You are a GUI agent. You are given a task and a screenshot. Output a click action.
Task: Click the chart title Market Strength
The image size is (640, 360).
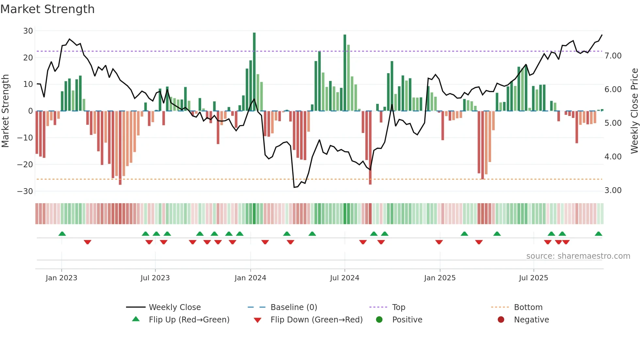click(x=47, y=9)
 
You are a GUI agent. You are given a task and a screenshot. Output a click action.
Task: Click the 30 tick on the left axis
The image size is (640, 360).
click(x=28, y=31)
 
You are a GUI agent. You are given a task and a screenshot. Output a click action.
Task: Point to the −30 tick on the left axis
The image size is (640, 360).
click(x=25, y=191)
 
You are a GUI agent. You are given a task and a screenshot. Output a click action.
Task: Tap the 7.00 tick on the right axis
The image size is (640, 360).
click(x=613, y=56)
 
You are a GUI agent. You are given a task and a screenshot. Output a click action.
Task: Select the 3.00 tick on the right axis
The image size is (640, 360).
click(x=613, y=190)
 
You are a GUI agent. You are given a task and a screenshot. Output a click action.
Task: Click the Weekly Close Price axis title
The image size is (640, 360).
click(x=634, y=111)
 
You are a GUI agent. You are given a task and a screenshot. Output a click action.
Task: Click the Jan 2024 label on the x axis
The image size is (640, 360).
click(x=250, y=278)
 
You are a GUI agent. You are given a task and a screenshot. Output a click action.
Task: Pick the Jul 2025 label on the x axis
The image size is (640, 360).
click(x=534, y=278)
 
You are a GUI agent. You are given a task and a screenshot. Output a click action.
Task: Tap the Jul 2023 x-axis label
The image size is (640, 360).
click(x=155, y=278)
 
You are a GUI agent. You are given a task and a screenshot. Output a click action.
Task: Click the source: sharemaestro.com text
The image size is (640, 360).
click(x=578, y=256)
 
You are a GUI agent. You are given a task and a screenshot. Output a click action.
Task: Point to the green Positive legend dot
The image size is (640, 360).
click(x=379, y=320)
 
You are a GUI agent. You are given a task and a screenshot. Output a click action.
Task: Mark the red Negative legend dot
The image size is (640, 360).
click(x=501, y=320)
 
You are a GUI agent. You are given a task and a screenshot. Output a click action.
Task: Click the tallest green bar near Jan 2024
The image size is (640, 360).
click(x=254, y=72)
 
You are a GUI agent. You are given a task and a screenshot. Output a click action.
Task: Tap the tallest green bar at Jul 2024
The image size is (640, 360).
click(x=345, y=73)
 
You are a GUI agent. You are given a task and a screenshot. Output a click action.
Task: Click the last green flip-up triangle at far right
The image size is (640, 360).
click(x=599, y=234)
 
